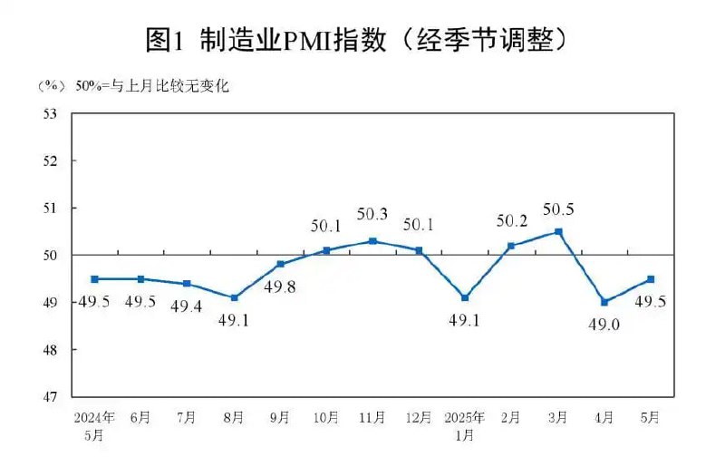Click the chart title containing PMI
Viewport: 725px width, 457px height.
tap(362, 39)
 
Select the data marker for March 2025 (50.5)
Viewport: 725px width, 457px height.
tap(558, 231)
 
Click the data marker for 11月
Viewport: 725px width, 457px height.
tap(372, 241)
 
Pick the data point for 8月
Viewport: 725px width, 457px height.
tap(234, 297)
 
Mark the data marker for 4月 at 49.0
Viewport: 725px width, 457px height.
tap(604, 302)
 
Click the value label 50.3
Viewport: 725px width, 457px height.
tap(372, 215)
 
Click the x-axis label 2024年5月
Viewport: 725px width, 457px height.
tap(94, 424)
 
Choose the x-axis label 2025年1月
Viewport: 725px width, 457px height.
tap(465, 424)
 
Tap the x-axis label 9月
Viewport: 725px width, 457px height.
tap(280, 418)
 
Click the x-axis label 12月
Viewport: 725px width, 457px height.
tap(419, 418)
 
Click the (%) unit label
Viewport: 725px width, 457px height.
tap(51, 87)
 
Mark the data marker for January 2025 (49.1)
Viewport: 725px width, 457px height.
tap(465, 297)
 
